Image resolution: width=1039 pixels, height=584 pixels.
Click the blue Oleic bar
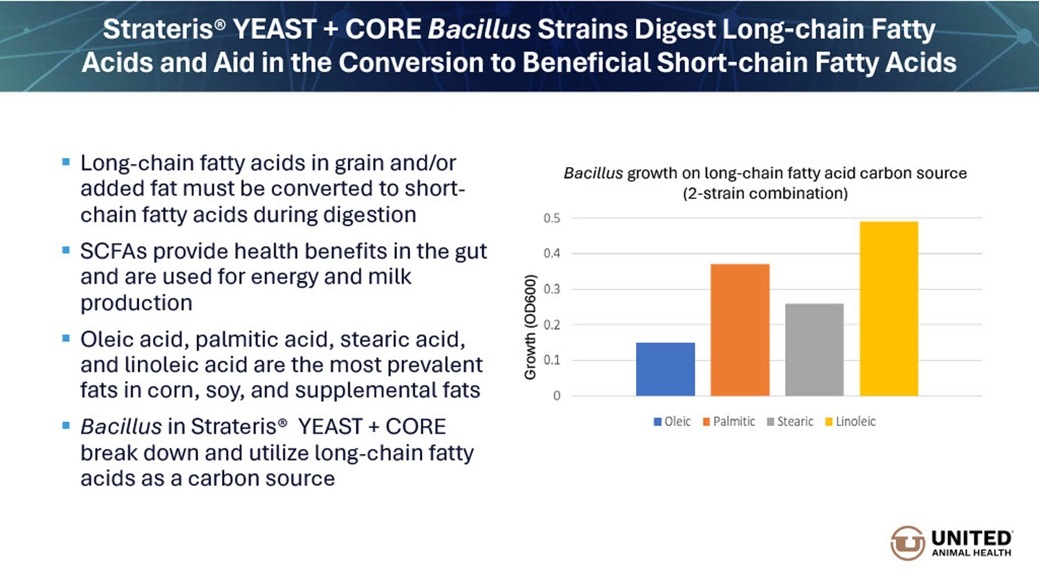click(665, 369)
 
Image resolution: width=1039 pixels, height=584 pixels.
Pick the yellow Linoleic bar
click(889, 308)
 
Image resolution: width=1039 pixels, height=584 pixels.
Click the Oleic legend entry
click(672, 422)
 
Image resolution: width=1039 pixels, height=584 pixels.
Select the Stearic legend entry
click(790, 422)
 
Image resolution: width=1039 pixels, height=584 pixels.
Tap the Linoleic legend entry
click(850, 422)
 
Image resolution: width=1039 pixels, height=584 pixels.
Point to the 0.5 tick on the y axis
click(552, 218)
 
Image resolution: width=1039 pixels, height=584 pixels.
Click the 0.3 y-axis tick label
click(552, 289)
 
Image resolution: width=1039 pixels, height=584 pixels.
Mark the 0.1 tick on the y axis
click(552, 360)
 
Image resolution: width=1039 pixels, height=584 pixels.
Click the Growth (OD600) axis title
click(529, 327)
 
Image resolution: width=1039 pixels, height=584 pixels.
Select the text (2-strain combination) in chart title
click(765, 194)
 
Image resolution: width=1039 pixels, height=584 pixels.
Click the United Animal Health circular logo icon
click(908, 543)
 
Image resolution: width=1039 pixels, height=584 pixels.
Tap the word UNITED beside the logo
click(971, 538)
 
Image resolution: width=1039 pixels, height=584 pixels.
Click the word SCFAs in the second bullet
click(114, 251)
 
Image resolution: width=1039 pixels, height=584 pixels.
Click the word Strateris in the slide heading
click(158, 29)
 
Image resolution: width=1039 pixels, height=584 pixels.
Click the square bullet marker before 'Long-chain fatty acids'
click(66, 162)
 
